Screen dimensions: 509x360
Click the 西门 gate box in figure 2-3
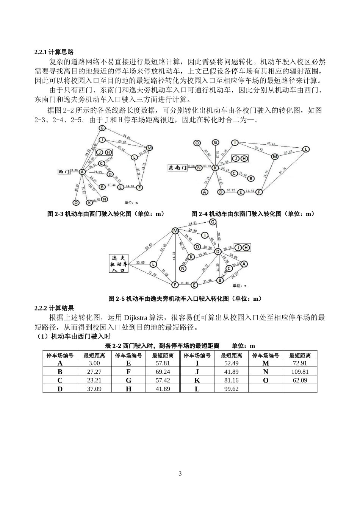64,172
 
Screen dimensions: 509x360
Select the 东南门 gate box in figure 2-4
178,167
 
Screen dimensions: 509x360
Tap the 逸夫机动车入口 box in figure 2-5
119,263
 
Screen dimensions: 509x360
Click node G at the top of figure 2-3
102,128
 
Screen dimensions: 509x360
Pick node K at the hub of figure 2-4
215,168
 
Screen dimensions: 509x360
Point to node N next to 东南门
199,168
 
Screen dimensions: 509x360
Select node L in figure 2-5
153,264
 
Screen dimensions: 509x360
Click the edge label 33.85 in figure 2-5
140,262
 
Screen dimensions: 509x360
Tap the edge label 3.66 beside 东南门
191,166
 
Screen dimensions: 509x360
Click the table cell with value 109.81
300,372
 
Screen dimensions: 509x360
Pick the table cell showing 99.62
231,389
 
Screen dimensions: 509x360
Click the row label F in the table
128,372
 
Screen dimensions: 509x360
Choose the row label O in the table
266,380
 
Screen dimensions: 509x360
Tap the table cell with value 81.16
231,380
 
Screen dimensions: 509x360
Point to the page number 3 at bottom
180,473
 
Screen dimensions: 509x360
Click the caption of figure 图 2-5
185,298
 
